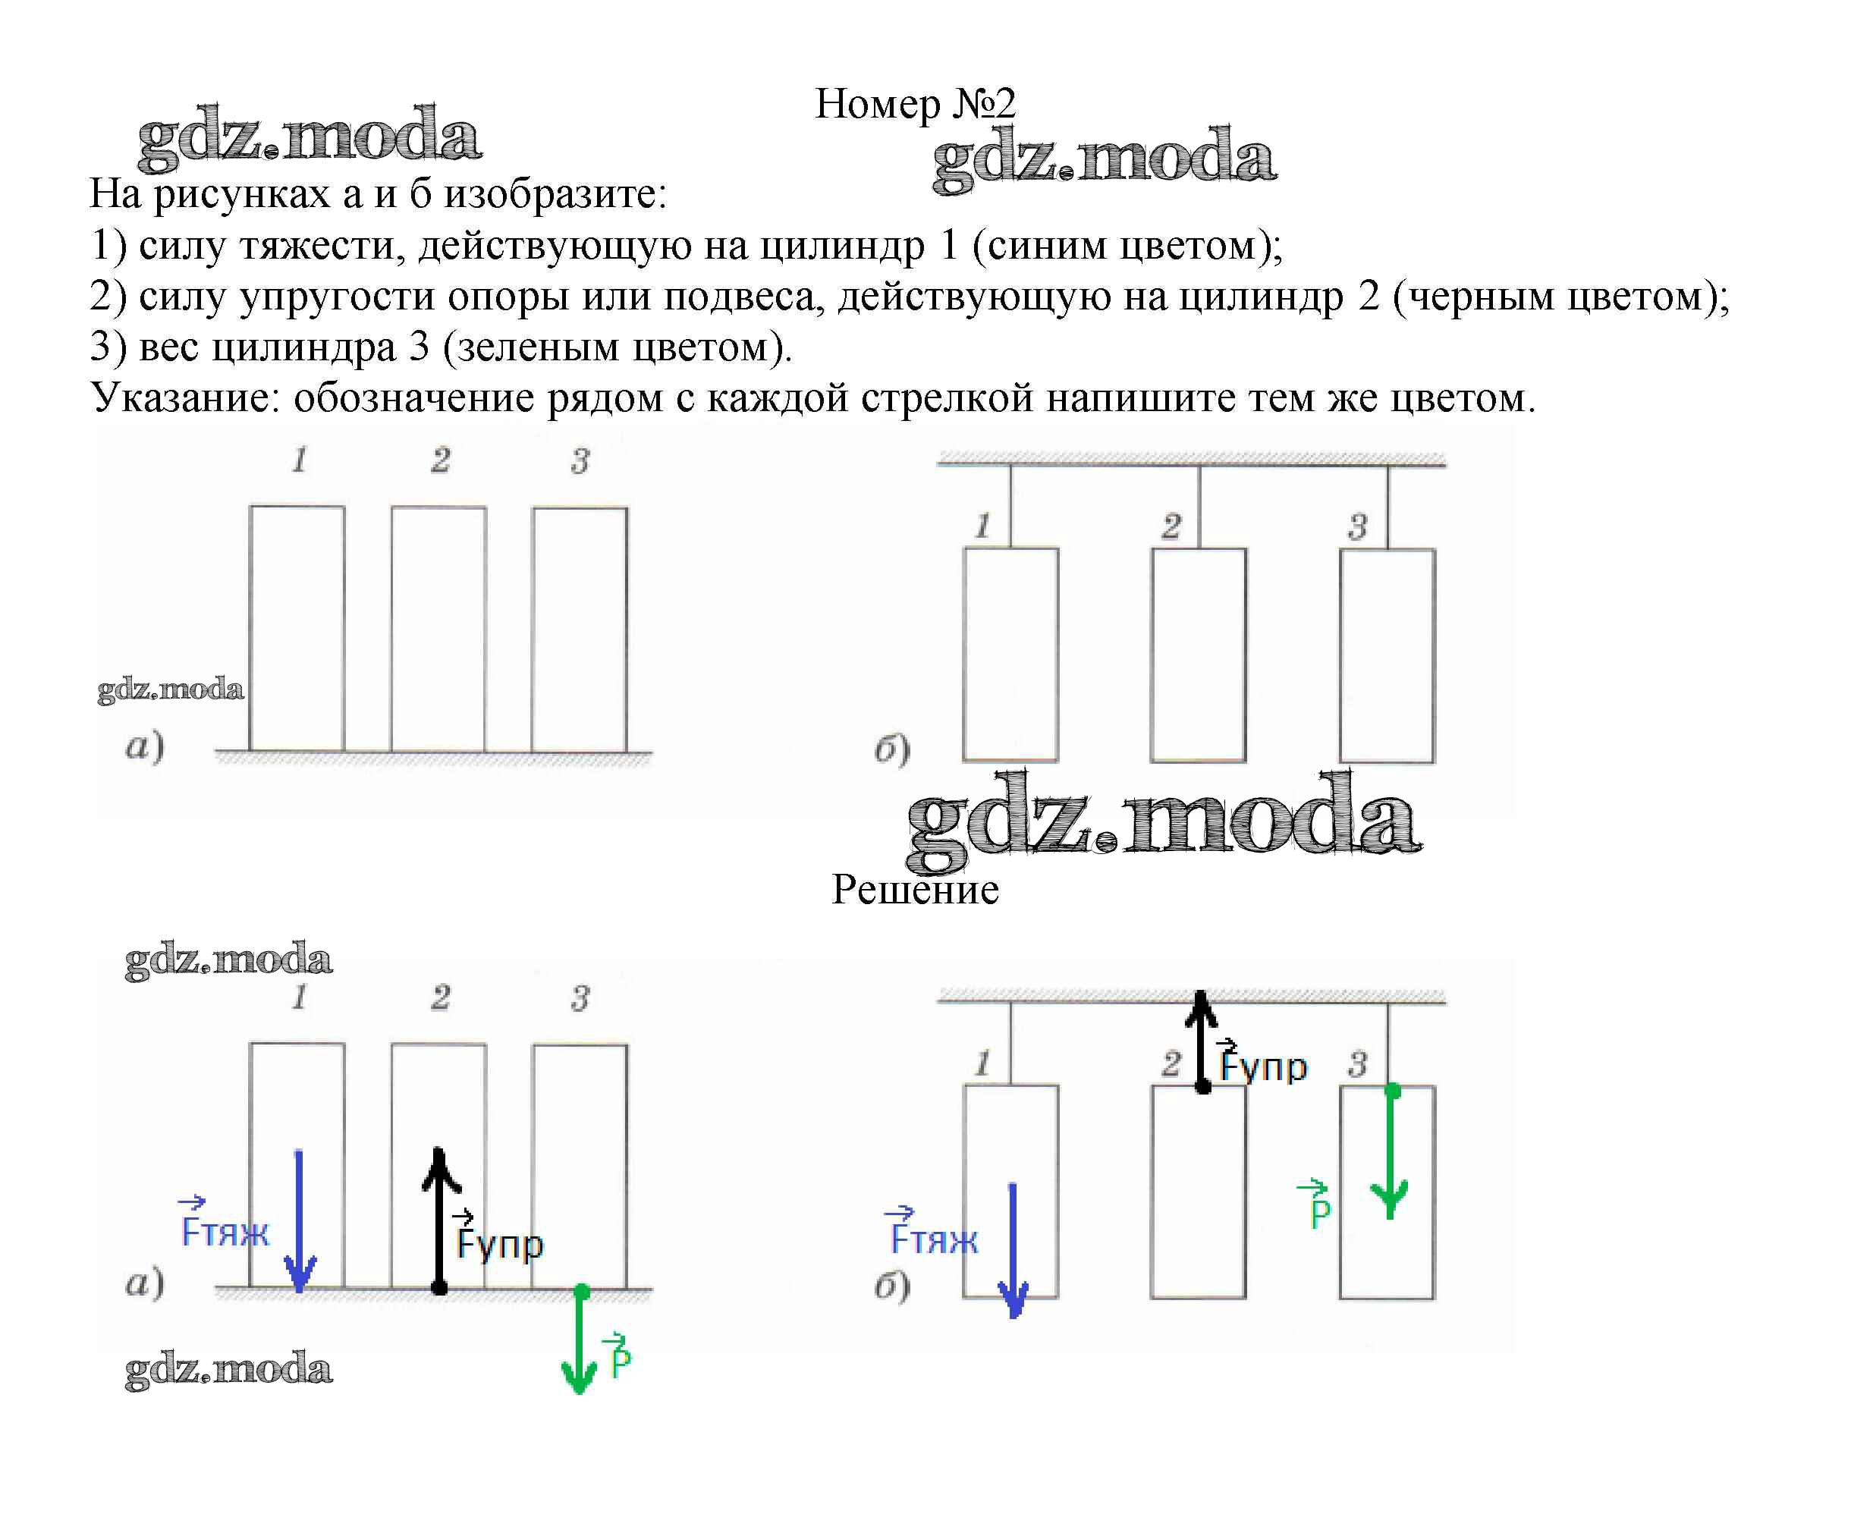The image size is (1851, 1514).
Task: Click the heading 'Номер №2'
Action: [914, 104]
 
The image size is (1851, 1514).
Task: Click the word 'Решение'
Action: [914, 890]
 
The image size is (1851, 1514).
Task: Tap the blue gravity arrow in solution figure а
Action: [299, 1221]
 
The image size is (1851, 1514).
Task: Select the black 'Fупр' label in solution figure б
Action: [1262, 1063]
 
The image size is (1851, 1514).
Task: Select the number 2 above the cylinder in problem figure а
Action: [440, 460]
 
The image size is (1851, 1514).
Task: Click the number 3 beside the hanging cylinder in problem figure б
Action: [1356, 526]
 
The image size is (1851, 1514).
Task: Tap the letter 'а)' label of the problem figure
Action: [144, 746]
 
